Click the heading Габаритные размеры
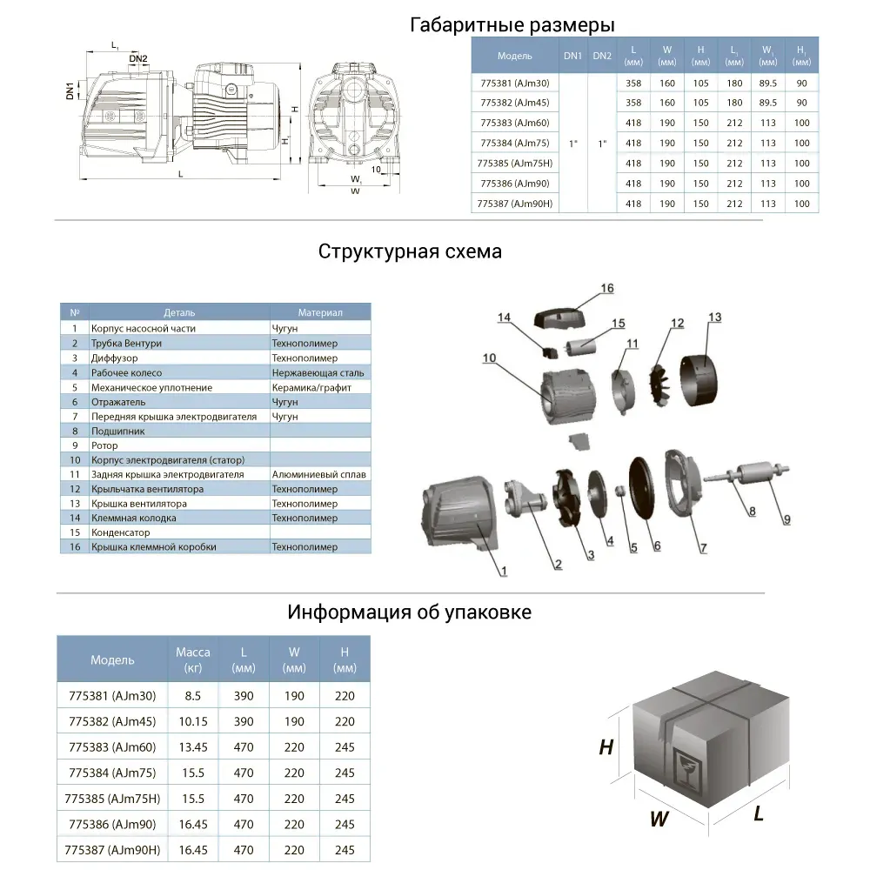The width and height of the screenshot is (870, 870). pos(512,25)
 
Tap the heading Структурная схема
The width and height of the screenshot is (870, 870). pos(410,252)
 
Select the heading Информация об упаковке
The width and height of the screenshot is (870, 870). pos(409,612)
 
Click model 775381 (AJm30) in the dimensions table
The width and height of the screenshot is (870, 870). pos(513,83)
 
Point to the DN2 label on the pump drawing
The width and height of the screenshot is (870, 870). pos(138,59)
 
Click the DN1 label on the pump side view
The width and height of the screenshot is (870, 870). pos(71,90)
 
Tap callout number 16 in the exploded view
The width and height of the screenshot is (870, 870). pos(606,289)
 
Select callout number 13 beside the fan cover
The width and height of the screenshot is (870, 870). pos(714,318)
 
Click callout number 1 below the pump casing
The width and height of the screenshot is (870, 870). pos(502,571)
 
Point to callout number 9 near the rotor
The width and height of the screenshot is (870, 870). pos(786,519)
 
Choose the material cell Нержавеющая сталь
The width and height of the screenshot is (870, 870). pos(318,372)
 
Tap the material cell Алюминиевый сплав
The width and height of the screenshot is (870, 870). pos(319,474)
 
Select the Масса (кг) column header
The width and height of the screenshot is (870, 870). pos(193,659)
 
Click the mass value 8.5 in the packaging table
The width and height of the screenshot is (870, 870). pos(193,696)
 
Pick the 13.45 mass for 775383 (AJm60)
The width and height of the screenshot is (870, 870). pos(193,747)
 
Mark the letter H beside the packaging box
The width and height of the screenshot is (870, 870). pos(606,747)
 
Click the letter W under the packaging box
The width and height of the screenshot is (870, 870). pos(659,819)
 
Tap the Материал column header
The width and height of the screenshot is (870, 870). pos(320,312)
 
